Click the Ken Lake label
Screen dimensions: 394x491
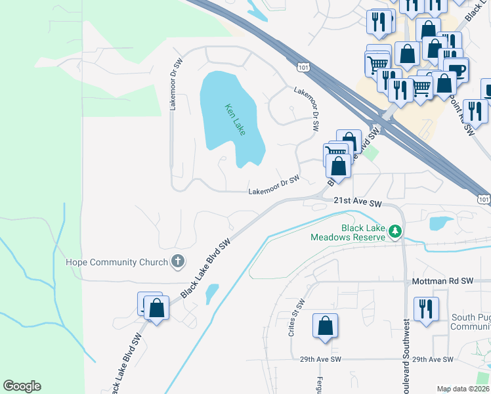(234, 120)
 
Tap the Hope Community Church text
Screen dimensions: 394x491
(117, 262)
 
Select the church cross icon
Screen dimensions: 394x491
(177, 262)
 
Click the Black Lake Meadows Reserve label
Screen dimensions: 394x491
(348, 232)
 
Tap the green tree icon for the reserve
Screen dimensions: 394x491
(395, 231)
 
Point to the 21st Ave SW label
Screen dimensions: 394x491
(357, 204)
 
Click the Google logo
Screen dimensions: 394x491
(22, 386)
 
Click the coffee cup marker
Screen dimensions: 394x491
(456, 70)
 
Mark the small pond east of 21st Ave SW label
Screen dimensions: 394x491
(440, 223)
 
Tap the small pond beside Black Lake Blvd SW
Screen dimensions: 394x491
(212, 294)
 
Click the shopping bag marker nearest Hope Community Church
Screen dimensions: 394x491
(156, 308)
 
